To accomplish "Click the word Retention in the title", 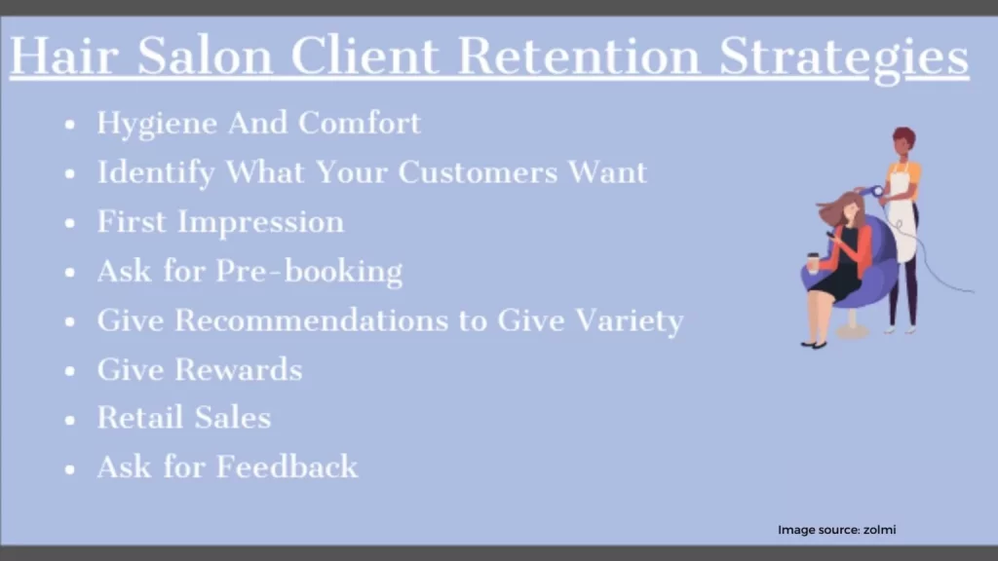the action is pos(579,56).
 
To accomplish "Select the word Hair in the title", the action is pos(64,56).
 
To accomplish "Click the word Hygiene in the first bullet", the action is pos(157,124).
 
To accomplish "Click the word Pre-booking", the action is pos(309,272).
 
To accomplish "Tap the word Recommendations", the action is pos(312,319).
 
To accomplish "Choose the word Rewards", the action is pos(239,369).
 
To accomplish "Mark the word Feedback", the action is pos(288,467).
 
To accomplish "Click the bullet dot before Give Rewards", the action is pos(70,371).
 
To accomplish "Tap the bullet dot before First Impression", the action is pos(70,223).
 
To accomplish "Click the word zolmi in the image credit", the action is pos(880,530).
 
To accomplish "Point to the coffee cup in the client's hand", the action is pos(813,263).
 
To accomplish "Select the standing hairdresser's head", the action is pos(903,142).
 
